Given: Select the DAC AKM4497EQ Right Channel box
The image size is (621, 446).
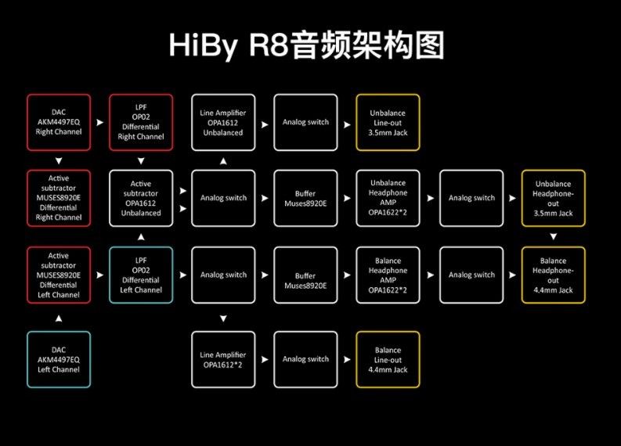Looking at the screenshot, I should point(59,122).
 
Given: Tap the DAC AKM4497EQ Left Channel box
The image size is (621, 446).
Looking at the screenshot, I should point(59,359).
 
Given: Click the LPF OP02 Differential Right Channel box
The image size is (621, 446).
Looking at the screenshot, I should point(141,122).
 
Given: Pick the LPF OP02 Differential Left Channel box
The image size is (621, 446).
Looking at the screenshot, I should point(141,275).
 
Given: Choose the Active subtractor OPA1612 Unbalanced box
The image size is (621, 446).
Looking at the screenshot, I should point(141,198).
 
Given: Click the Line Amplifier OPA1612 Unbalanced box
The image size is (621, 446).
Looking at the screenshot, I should point(223,122).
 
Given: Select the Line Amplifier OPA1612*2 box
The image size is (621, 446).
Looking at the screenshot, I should point(223,359).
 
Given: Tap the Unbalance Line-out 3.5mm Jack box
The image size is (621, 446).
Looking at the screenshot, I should point(388,122).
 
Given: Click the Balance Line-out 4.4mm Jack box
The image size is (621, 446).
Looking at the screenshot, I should point(388,359).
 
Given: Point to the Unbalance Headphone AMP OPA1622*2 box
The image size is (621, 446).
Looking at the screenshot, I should point(388,198).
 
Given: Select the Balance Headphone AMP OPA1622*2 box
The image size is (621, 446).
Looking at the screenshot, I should point(388,275).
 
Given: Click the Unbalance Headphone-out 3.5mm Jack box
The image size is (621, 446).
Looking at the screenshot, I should point(553,198).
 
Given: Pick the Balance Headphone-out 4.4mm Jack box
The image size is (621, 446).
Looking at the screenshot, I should point(553,275).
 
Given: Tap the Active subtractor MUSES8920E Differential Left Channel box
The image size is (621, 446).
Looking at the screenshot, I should point(59,275).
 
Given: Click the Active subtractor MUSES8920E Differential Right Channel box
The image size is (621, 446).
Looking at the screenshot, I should point(59,198).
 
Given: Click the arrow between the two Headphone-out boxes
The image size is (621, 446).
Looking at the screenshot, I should point(553,236).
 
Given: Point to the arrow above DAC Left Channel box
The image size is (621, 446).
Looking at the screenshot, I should point(59,318).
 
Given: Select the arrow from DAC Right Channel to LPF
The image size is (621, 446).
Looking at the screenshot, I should point(99,123).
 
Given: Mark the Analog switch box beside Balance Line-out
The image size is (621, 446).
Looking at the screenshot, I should point(305,359).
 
